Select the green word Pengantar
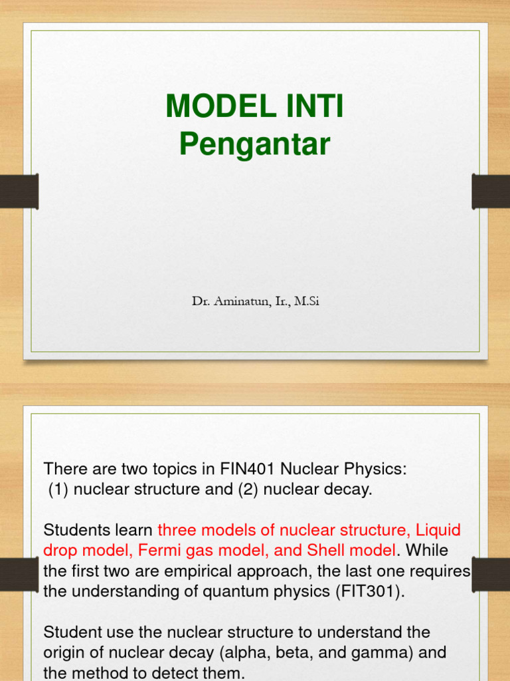tap(254, 144)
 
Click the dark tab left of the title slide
tap(19, 191)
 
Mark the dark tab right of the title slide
tap(491, 191)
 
